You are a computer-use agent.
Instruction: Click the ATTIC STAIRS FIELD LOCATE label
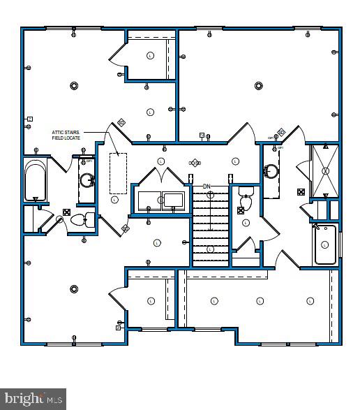67,135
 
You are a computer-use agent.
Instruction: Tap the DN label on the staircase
207,186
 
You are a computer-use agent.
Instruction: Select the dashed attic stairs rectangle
118,173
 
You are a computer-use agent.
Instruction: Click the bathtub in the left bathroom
34,180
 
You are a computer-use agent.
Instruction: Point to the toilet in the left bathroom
80,220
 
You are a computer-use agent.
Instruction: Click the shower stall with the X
324,170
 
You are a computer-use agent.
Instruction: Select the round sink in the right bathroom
271,169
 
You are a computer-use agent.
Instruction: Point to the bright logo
33,399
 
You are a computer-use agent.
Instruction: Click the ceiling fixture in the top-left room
74,86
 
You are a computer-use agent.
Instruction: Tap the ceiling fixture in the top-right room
258,86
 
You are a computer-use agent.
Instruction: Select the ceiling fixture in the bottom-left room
74,288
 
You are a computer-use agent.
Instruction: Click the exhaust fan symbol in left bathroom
66,212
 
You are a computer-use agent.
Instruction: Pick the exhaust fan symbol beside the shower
301,191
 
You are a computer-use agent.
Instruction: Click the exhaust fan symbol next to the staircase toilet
241,209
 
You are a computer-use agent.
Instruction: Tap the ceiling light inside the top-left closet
150,56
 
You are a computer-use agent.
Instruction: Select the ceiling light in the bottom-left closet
151,300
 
